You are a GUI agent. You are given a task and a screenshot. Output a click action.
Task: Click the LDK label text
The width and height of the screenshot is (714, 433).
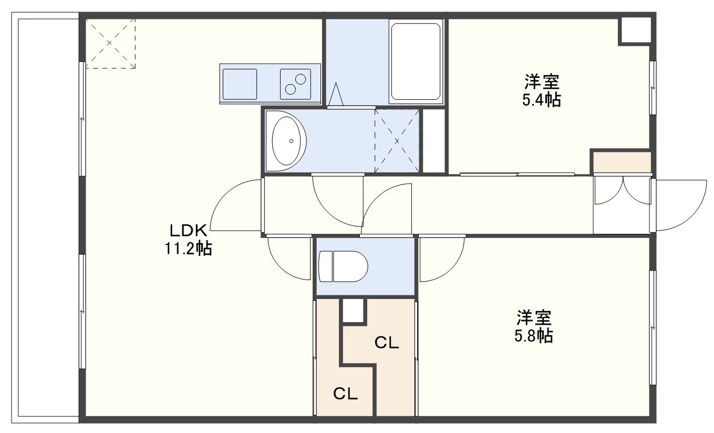tap(189, 230)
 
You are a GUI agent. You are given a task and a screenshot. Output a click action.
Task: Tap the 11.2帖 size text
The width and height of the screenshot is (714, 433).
tap(188, 248)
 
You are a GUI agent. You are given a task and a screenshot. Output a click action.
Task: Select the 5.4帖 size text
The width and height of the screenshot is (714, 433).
tap(542, 99)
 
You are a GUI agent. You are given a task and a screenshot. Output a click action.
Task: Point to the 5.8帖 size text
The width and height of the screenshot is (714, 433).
tap(534, 335)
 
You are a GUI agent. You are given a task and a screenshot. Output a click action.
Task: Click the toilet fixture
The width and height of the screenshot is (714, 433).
tap(343, 266)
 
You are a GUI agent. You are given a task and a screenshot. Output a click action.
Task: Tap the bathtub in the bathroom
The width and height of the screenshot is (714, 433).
tap(416, 61)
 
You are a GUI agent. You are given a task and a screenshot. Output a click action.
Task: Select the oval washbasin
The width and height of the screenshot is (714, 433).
tap(286, 141)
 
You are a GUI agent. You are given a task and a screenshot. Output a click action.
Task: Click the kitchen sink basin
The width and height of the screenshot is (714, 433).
tap(240, 84)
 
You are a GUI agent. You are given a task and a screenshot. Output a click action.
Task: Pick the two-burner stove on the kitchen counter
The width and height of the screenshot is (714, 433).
tap(295, 84)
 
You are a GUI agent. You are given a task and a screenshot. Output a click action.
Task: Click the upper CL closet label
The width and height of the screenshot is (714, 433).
tap(387, 343)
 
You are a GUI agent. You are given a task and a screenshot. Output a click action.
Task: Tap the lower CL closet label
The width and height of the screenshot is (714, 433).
tap(345, 394)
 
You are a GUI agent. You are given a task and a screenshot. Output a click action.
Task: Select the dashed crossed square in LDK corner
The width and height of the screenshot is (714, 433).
tap(110, 44)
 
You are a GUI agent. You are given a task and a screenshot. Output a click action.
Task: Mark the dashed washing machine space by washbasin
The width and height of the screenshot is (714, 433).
tap(397, 141)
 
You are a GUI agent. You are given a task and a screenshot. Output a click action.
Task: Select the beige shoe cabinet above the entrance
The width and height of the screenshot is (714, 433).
tap(622, 162)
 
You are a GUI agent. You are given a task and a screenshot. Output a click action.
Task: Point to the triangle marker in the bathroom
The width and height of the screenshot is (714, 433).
tap(336, 95)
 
